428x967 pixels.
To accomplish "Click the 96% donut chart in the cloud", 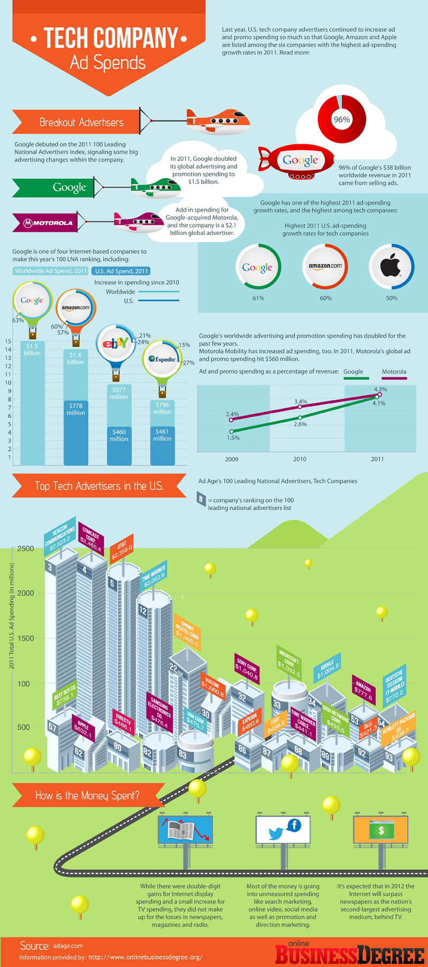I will (x=342, y=119).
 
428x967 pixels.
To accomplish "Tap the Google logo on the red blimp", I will (x=300, y=160).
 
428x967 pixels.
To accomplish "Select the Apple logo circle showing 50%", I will (x=392, y=266).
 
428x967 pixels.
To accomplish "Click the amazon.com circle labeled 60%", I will (x=325, y=266).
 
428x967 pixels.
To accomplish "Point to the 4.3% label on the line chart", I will (x=380, y=389).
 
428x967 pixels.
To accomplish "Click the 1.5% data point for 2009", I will (x=232, y=431).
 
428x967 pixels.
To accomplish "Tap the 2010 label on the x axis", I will (x=300, y=459).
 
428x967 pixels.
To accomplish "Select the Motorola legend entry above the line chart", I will (x=394, y=372).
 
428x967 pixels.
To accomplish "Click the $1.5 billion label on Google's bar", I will (x=32, y=349).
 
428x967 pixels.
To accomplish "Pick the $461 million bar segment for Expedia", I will (x=162, y=435).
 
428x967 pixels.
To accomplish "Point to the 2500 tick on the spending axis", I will (x=25, y=548).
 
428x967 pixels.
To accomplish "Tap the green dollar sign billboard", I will (x=381, y=830).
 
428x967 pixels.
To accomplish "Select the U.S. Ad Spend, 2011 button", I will (x=121, y=271).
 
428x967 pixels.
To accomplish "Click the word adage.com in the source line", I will (x=68, y=946).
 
